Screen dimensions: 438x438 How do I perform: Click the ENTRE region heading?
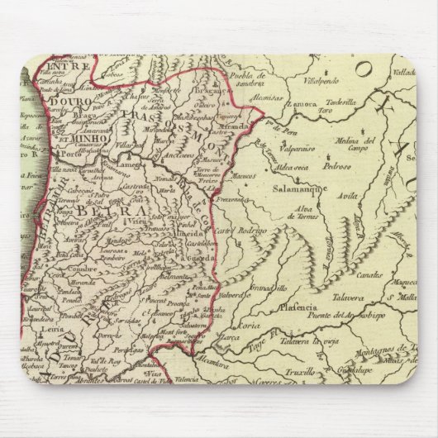[66, 65]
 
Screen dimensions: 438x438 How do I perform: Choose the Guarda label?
[196, 256]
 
